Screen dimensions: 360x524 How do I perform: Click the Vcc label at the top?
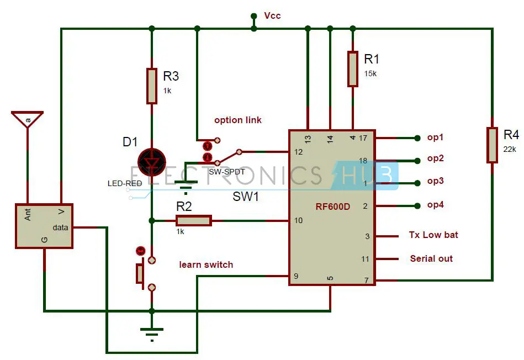(x=272, y=15)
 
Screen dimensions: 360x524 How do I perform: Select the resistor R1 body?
(x=352, y=68)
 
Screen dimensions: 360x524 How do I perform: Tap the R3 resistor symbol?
(x=152, y=86)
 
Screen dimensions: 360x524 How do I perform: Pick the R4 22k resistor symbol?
(x=492, y=145)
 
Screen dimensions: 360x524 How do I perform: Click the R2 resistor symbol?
(x=193, y=221)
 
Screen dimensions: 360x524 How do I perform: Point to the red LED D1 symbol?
(x=152, y=160)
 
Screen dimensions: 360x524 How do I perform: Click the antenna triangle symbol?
(x=27, y=118)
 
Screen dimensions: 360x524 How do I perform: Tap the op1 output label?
(x=436, y=137)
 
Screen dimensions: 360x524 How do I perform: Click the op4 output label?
(x=436, y=205)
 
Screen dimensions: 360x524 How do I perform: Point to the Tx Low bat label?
(x=433, y=235)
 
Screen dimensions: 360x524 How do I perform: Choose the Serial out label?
(x=431, y=258)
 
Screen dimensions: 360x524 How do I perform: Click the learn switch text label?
(x=206, y=264)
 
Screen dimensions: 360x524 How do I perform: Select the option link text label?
(x=238, y=120)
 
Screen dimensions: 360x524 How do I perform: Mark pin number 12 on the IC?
(x=299, y=152)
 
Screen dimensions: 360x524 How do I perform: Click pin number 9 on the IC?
(x=297, y=276)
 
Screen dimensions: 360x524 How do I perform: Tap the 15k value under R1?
(x=370, y=73)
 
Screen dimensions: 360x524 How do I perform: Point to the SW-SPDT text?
(x=227, y=172)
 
